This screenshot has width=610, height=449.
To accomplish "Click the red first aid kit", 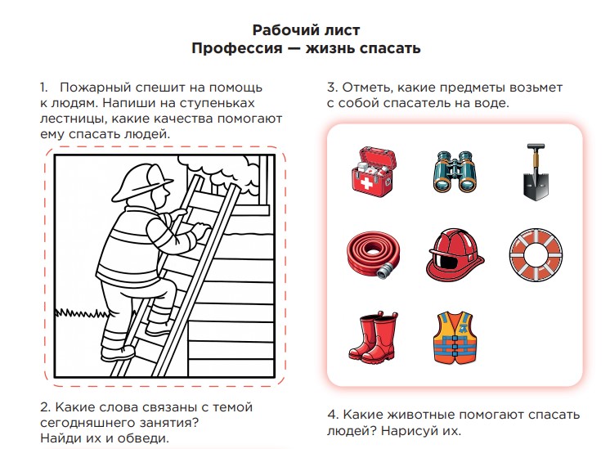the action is point(374,172).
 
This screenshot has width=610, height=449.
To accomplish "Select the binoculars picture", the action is point(455,171).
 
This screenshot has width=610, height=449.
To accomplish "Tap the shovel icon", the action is point(536,172).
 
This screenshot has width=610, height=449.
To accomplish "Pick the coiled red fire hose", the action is point(374,255).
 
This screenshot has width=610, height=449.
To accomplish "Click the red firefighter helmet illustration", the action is point(455,255).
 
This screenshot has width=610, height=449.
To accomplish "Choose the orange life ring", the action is point(536,255).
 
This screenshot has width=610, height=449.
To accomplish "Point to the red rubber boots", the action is point(374,337).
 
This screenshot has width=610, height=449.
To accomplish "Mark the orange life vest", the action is point(455,337).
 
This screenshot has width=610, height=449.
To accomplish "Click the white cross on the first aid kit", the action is point(366,182).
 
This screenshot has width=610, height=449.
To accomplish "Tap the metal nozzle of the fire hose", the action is point(384,271).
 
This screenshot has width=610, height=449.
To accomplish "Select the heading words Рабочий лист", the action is point(306,30).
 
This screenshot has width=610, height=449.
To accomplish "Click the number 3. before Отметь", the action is point(332,88).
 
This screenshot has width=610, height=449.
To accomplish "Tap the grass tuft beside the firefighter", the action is point(81,313).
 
